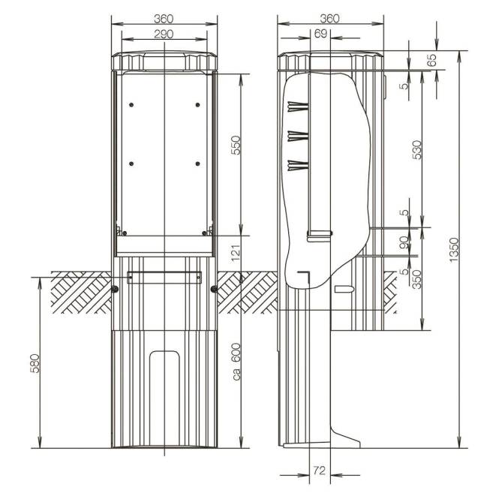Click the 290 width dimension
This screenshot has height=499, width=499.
(x=164, y=34)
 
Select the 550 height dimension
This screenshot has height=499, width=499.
(x=235, y=145)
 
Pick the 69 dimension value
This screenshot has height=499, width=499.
(x=320, y=34)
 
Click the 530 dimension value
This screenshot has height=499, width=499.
(x=417, y=150)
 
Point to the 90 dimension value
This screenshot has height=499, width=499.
(x=404, y=243)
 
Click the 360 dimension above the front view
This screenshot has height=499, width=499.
(x=164, y=17)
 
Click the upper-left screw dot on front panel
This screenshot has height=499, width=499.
(x=131, y=104)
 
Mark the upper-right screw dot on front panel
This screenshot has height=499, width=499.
(x=197, y=104)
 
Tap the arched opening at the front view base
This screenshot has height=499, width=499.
(x=164, y=398)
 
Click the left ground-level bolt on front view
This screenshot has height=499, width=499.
(x=114, y=289)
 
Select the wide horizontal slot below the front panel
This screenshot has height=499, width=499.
(x=164, y=278)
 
